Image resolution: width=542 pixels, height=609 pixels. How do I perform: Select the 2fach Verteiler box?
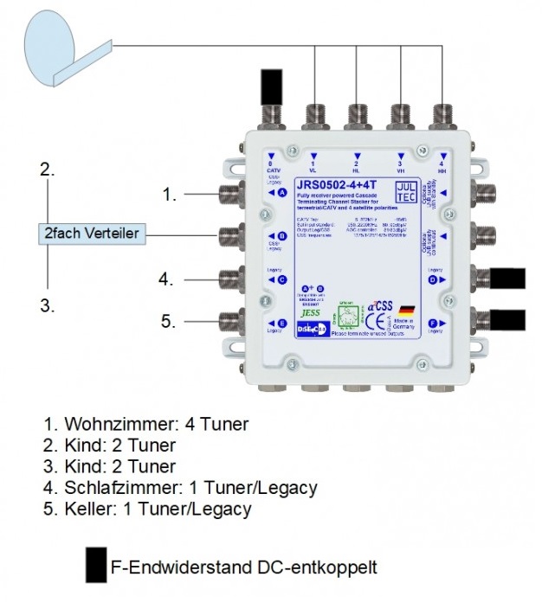pos(92,234)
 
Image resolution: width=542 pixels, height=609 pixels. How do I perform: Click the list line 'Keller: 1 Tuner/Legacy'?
pos(148,510)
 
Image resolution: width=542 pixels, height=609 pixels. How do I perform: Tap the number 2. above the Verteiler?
pos(48,171)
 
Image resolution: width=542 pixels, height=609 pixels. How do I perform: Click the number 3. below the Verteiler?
pos(48,305)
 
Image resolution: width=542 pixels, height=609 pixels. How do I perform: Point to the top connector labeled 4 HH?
pos(442,116)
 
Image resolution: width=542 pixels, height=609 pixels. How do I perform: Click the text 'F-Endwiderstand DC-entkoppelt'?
pos(244,568)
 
